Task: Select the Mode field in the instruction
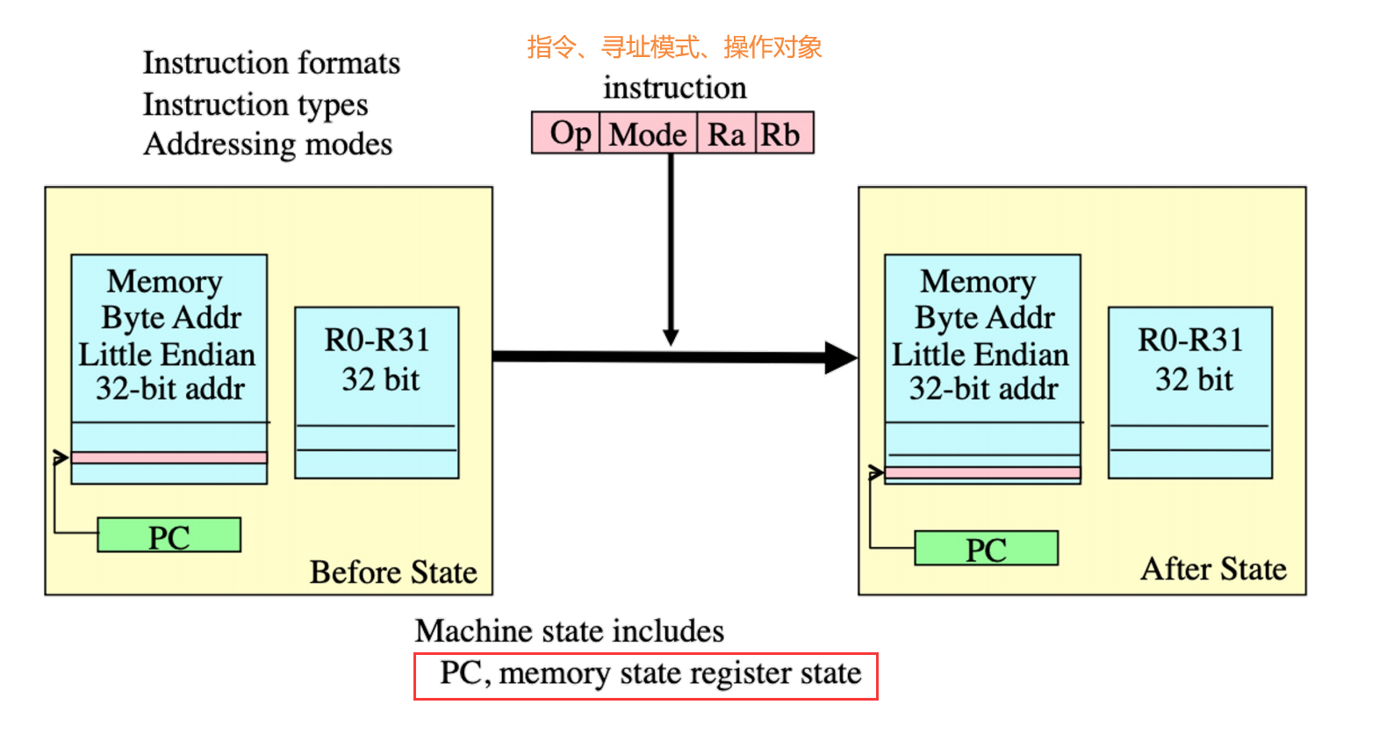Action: [x=649, y=134]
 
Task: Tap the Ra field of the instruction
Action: [x=726, y=134]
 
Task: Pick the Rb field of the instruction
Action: [x=783, y=134]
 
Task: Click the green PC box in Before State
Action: [x=169, y=536]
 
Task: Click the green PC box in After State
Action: [x=986, y=549]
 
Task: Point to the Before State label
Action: [x=393, y=572]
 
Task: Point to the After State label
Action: [x=1213, y=569]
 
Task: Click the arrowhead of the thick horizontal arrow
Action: [x=841, y=357]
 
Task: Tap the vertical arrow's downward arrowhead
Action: [x=671, y=337]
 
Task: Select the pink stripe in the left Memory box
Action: [x=169, y=457]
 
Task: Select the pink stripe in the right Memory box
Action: [x=982, y=473]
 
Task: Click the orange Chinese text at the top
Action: [x=674, y=47]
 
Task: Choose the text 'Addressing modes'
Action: [x=268, y=144]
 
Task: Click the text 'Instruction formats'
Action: [x=271, y=63]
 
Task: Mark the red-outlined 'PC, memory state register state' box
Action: [x=646, y=675]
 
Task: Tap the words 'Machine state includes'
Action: [x=570, y=630]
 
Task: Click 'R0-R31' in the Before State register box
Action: [x=377, y=340]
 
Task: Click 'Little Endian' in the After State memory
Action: [x=980, y=355]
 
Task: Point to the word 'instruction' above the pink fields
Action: [x=674, y=88]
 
